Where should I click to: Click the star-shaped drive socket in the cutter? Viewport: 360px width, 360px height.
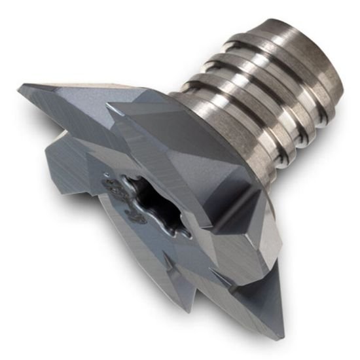point(155,196)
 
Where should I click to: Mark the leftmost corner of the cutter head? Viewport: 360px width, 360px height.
point(20,87)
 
